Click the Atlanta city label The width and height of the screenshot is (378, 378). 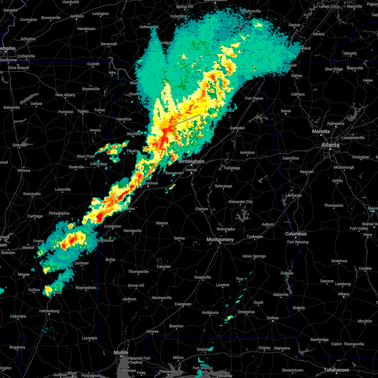[330, 145]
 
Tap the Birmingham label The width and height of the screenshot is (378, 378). [191, 162]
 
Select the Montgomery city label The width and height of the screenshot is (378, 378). [220, 240]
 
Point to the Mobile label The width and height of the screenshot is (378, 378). [121, 353]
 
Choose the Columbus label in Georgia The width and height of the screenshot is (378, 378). [296, 234]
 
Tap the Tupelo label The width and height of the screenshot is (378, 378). [83, 111]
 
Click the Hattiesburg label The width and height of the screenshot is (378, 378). [49, 311]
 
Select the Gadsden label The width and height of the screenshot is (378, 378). [237, 128]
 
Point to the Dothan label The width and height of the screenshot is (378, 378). [273, 318]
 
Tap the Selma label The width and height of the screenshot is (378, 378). [179, 238]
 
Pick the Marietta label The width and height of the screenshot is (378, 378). [321, 131]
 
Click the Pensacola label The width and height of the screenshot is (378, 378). [168, 371]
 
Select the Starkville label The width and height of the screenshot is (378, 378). [76, 167]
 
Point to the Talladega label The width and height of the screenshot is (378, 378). [232, 168]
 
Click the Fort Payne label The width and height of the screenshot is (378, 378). [254, 98]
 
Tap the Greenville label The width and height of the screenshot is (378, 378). [202, 277]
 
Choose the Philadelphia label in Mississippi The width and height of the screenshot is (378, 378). [59, 213]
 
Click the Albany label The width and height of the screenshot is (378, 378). [344, 294]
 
